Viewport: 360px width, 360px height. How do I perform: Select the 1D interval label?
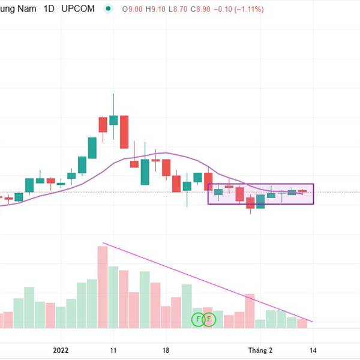tap(49, 10)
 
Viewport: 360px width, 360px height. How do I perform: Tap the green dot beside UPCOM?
tap(108, 10)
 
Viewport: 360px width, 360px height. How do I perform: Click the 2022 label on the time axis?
tap(62, 349)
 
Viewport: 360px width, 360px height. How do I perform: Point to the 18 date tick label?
tap(166, 349)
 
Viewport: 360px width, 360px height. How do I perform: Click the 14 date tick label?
tap(313, 349)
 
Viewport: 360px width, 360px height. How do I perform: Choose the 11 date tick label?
tap(113, 349)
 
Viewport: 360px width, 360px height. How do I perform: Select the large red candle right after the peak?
tap(124, 132)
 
